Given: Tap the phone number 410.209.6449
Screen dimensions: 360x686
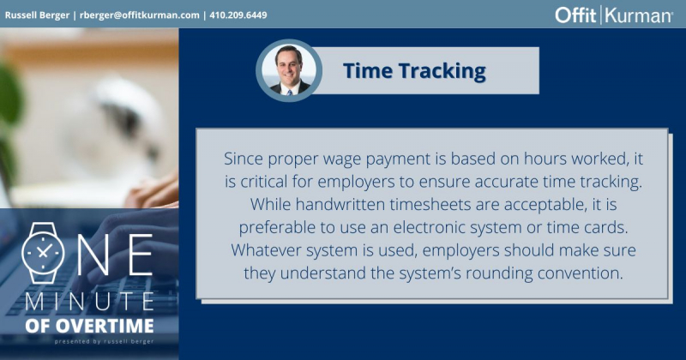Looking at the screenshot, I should (248, 14).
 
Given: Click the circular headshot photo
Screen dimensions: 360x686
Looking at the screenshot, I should (289, 70).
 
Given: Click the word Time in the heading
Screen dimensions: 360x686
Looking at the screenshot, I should (369, 70).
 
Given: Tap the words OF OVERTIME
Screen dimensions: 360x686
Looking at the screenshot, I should (90, 327).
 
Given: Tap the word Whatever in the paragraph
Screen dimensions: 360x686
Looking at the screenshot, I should (264, 249).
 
